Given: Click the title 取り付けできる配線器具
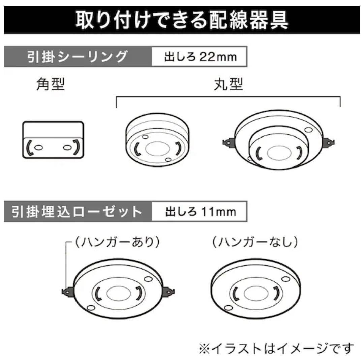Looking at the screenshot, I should (182, 20).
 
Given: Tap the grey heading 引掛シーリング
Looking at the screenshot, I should (78, 56).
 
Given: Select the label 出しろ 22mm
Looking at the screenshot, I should (200, 56).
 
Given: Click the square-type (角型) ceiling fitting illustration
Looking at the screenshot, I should (53, 140).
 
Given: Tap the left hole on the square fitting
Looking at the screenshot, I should (38, 148).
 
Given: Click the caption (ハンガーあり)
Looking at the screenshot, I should (117, 243).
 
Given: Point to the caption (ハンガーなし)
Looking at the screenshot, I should (255, 243).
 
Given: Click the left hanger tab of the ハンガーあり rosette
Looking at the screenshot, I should (68, 291).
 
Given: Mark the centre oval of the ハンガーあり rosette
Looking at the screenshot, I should (117, 293).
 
